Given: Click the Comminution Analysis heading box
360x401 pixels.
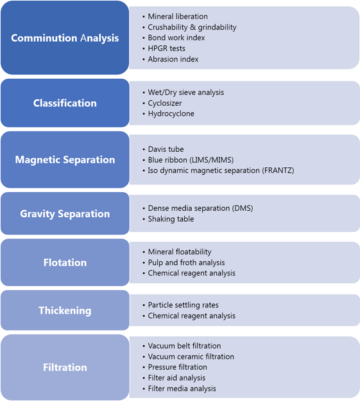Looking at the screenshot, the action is point(65,38).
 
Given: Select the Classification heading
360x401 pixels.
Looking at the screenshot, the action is point(65,103).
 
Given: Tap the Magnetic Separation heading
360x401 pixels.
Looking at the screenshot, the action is point(65,160).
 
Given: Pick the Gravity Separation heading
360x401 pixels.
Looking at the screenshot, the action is point(65,213).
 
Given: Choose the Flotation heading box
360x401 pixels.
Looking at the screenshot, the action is point(65,263).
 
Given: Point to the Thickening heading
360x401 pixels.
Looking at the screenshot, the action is point(65,310).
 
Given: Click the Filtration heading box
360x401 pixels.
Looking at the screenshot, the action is point(65,367).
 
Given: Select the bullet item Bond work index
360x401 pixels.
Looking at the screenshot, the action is point(176,38).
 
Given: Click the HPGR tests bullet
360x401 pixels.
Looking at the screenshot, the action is point(167,48).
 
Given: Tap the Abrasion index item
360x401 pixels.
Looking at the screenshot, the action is point(173,59).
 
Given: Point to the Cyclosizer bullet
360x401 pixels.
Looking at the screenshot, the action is point(165,103).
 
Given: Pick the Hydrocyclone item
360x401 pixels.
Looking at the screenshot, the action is point(171,113).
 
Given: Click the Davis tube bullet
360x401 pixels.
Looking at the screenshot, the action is point(166,149).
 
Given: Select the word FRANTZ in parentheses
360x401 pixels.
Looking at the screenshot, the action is point(278,170).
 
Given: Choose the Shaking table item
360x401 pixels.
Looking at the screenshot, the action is point(171,219).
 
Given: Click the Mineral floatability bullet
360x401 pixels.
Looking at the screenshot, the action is point(180,252).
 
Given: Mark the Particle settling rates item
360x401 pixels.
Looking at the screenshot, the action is point(183,305).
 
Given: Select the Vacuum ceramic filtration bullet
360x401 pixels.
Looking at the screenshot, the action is point(191,357).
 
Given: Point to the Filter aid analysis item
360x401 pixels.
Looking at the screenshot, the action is point(177,378).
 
